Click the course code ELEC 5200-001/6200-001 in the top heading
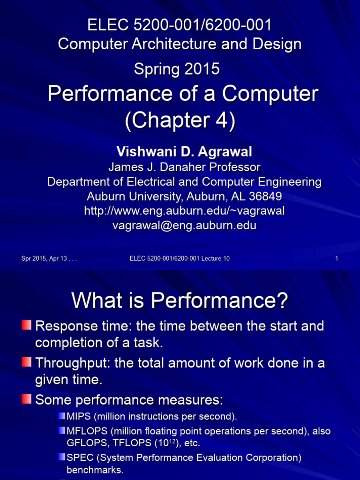point(180,24)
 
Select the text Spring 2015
point(177,69)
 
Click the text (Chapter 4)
point(180,120)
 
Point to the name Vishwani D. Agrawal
point(184,151)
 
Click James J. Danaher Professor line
point(184,167)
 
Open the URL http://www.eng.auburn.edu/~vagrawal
point(184,211)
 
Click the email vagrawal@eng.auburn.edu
point(184,225)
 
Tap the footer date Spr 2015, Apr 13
point(49,258)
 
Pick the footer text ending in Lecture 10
point(180,258)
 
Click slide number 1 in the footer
point(337,258)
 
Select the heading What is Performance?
point(180,300)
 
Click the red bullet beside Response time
point(27,324)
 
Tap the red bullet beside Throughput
point(27,362)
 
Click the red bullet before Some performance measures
point(27,399)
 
